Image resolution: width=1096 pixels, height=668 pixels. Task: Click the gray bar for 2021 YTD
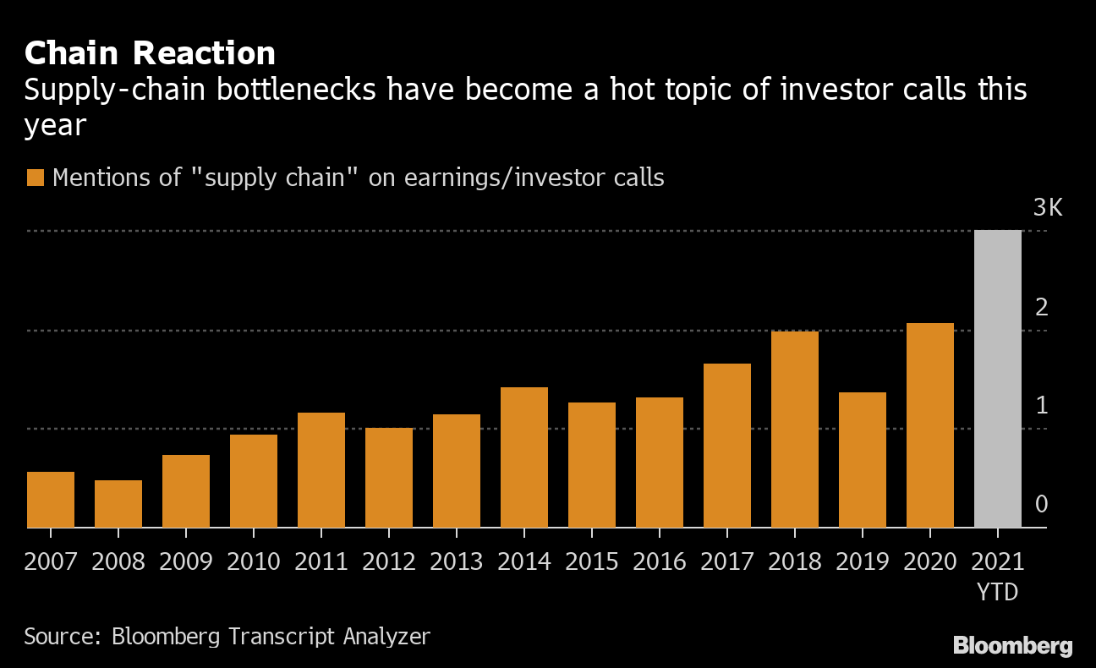998,379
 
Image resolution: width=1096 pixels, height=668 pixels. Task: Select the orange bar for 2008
118,504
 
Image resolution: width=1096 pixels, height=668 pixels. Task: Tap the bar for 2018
795,430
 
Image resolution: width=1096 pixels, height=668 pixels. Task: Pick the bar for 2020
930,425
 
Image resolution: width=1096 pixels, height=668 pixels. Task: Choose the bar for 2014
524,457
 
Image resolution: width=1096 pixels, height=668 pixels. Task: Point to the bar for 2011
321,470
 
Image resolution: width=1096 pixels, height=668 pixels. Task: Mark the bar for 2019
863,460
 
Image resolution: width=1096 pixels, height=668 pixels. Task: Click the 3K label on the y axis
1047,208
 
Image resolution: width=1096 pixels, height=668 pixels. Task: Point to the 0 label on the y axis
1041,505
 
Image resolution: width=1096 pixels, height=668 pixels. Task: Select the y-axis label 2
1041,307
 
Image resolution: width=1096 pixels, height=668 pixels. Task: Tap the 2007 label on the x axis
51,561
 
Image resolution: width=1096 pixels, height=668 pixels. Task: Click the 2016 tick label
660,561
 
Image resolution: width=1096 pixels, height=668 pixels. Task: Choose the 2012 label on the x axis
389,561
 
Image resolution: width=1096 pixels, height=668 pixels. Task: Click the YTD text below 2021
998,592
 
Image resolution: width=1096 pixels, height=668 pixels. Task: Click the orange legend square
35,178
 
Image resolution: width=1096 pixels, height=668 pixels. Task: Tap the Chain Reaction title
150,53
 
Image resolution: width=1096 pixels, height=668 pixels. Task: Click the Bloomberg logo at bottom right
1012,647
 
